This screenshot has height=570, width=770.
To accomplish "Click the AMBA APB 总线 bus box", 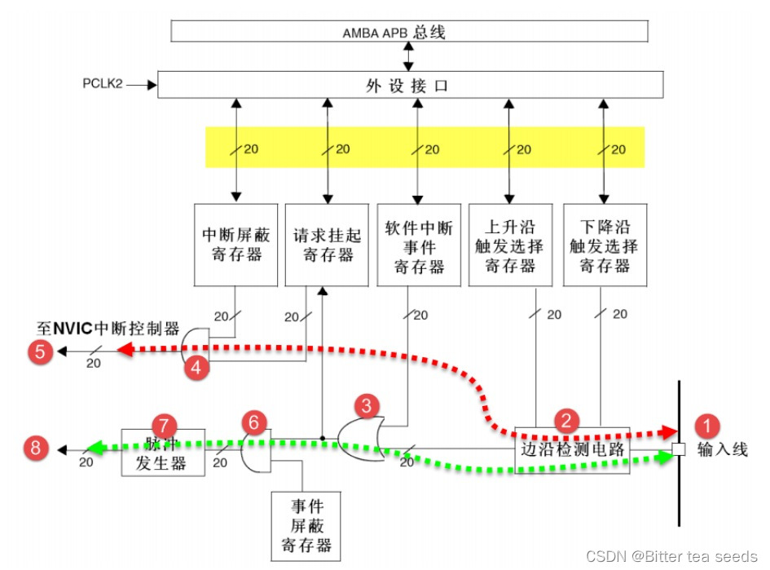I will click(x=409, y=32).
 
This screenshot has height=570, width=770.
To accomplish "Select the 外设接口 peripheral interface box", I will click(x=409, y=85).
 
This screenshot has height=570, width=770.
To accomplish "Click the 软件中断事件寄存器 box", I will click(x=418, y=245).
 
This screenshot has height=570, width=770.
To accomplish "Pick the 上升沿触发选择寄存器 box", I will click(x=511, y=245).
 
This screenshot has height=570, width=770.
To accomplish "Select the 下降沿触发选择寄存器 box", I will click(x=605, y=245).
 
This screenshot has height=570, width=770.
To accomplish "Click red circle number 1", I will click(x=707, y=426).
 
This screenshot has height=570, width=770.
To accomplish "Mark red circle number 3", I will click(x=367, y=404).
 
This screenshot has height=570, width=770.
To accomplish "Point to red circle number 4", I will click(x=196, y=368).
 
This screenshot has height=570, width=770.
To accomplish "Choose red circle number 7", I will click(x=165, y=425).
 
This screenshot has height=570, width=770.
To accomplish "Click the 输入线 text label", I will click(x=723, y=449).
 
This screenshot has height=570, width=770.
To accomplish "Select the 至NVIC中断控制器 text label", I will click(x=108, y=329).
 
